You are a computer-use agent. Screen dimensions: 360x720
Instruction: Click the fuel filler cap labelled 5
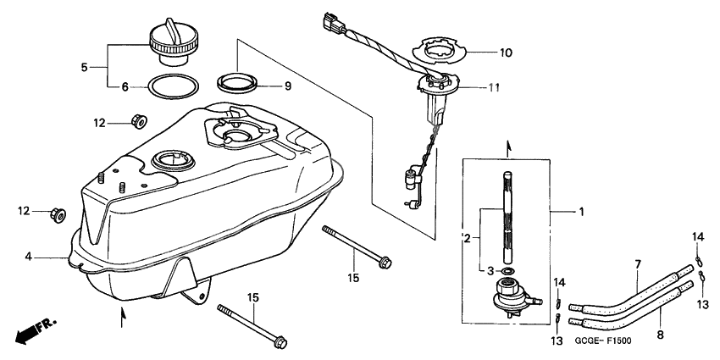coord(175,42)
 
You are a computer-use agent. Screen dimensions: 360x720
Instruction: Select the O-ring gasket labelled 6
coord(175,86)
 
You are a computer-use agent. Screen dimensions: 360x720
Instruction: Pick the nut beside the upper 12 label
coord(137,122)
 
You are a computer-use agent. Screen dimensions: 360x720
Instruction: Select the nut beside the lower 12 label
coord(58,213)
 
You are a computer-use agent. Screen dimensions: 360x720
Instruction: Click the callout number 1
coord(581,210)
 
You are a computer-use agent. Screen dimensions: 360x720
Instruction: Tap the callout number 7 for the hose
coord(638,265)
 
